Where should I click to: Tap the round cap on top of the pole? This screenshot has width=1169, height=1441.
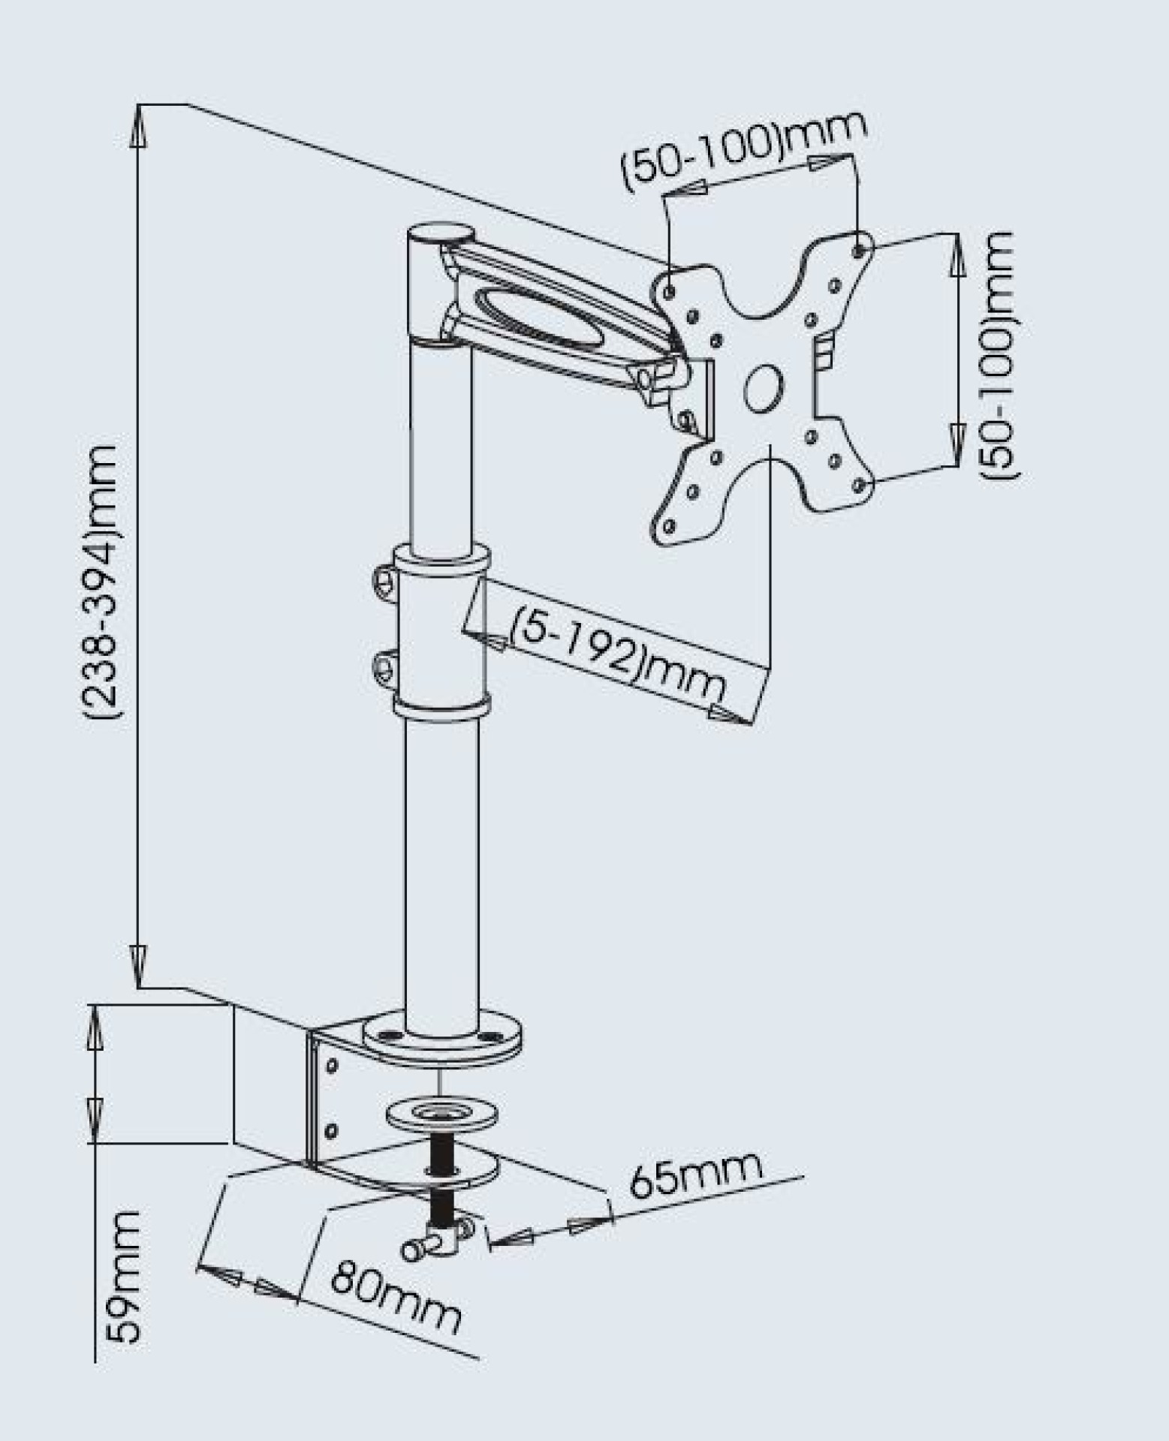click(x=440, y=232)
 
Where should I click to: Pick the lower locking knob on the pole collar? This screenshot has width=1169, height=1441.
click(x=384, y=665)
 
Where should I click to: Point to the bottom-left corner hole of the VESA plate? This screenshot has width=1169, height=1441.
click(x=668, y=528)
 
